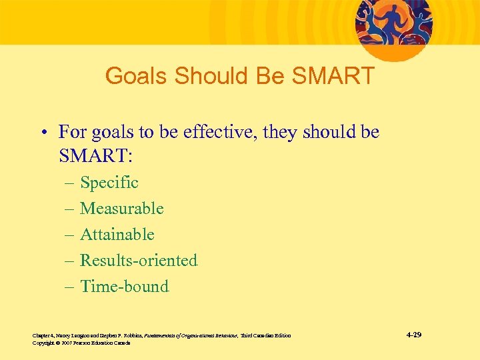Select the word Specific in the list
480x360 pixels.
click(109, 182)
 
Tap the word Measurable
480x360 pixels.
click(121, 208)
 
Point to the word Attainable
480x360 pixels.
click(117, 234)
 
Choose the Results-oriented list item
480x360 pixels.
click(139, 260)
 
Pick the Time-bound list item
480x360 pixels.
click(124, 286)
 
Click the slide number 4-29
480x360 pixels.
click(413, 334)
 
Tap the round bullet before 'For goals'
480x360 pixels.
click(41, 133)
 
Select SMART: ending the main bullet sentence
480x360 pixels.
click(96, 157)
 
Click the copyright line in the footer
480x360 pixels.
click(81, 343)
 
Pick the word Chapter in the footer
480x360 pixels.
click(41, 335)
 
